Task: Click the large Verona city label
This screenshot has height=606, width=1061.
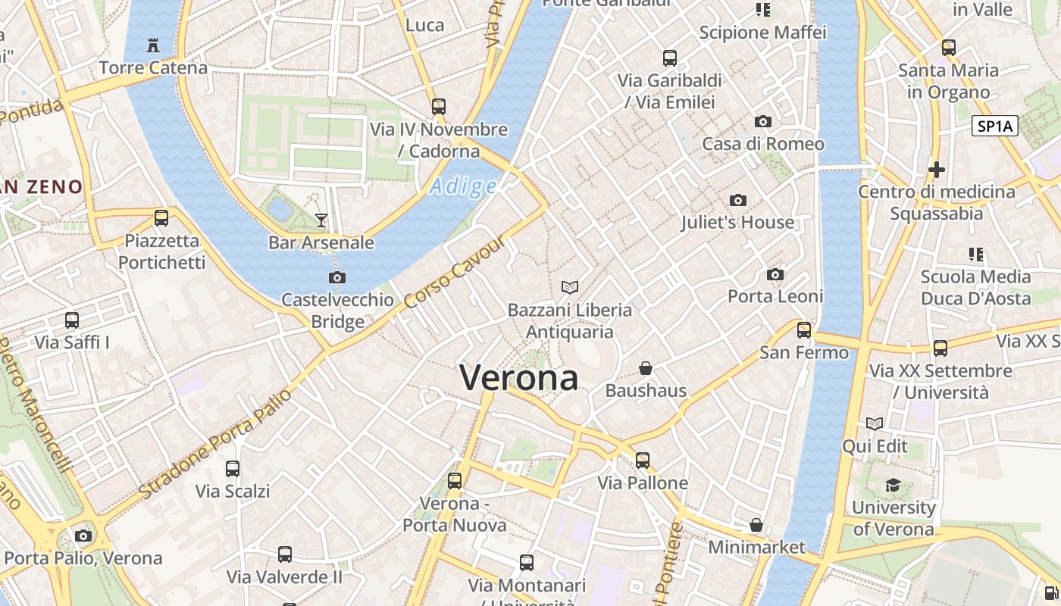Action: click(519, 377)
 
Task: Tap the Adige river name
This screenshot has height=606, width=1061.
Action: click(463, 186)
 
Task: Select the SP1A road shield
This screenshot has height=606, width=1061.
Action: click(994, 127)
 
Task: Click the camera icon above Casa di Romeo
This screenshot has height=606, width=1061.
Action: click(763, 121)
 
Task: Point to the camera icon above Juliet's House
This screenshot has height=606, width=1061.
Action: click(737, 200)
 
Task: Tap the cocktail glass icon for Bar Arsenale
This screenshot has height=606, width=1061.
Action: click(321, 220)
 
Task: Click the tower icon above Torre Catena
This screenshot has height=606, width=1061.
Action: click(153, 45)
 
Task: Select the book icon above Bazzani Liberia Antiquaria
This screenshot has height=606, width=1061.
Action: click(570, 287)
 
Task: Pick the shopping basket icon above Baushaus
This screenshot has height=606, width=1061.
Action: click(646, 368)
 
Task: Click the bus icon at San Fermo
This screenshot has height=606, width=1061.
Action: click(804, 330)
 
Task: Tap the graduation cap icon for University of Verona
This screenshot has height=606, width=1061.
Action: click(894, 485)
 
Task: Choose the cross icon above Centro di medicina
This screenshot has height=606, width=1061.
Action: click(937, 169)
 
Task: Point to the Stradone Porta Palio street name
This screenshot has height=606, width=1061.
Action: click(215, 444)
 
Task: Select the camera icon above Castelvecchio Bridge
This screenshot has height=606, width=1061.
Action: click(337, 277)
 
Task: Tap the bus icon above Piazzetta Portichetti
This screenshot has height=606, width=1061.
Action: click(161, 218)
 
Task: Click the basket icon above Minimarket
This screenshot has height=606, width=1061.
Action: click(756, 524)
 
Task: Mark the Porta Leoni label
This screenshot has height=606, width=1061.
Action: click(775, 296)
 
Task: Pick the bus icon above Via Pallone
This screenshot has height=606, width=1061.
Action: click(643, 460)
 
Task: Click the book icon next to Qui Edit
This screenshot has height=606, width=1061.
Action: click(875, 423)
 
